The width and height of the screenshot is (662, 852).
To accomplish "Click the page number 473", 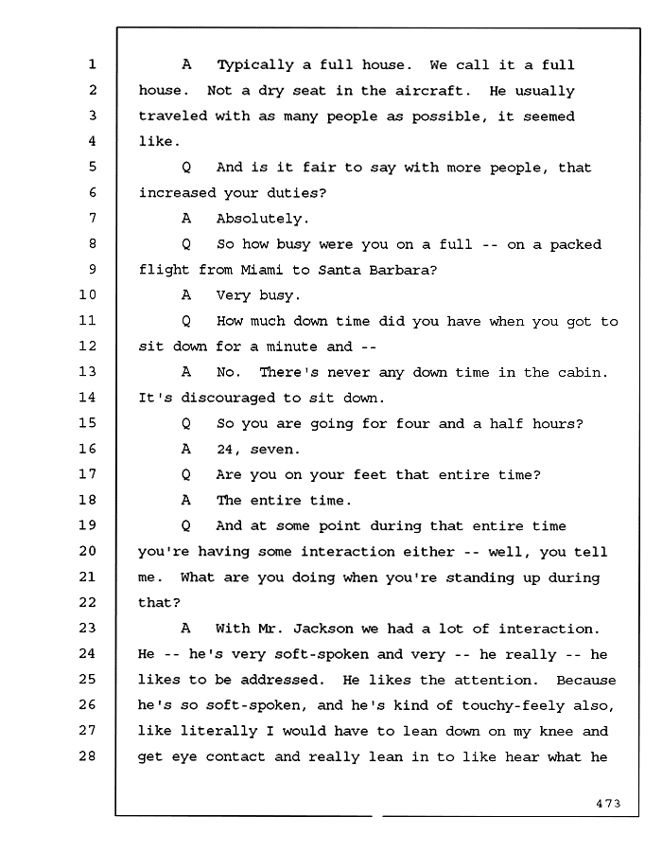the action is pyautogui.click(x=608, y=803).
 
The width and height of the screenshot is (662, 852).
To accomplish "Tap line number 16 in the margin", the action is pyautogui.click(x=87, y=449).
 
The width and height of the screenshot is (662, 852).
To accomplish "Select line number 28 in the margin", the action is pyautogui.click(x=87, y=755).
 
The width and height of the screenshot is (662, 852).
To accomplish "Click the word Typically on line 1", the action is pyautogui.click(x=255, y=65).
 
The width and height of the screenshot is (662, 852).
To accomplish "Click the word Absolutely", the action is pyautogui.click(x=263, y=219).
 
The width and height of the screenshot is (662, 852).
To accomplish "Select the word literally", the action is pyautogui.click(x=219, y=732).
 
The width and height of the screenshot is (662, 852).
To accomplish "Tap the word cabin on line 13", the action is pyautogui.click(x=583, y=373).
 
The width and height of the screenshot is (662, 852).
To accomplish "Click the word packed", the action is pyautogui.click(x=576, y=245).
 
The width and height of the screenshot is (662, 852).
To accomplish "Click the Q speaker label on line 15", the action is pyautogui.click(x=186, y=424).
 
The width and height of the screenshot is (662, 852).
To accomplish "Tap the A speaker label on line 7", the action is pyautogui.click(x=186, y=219).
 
